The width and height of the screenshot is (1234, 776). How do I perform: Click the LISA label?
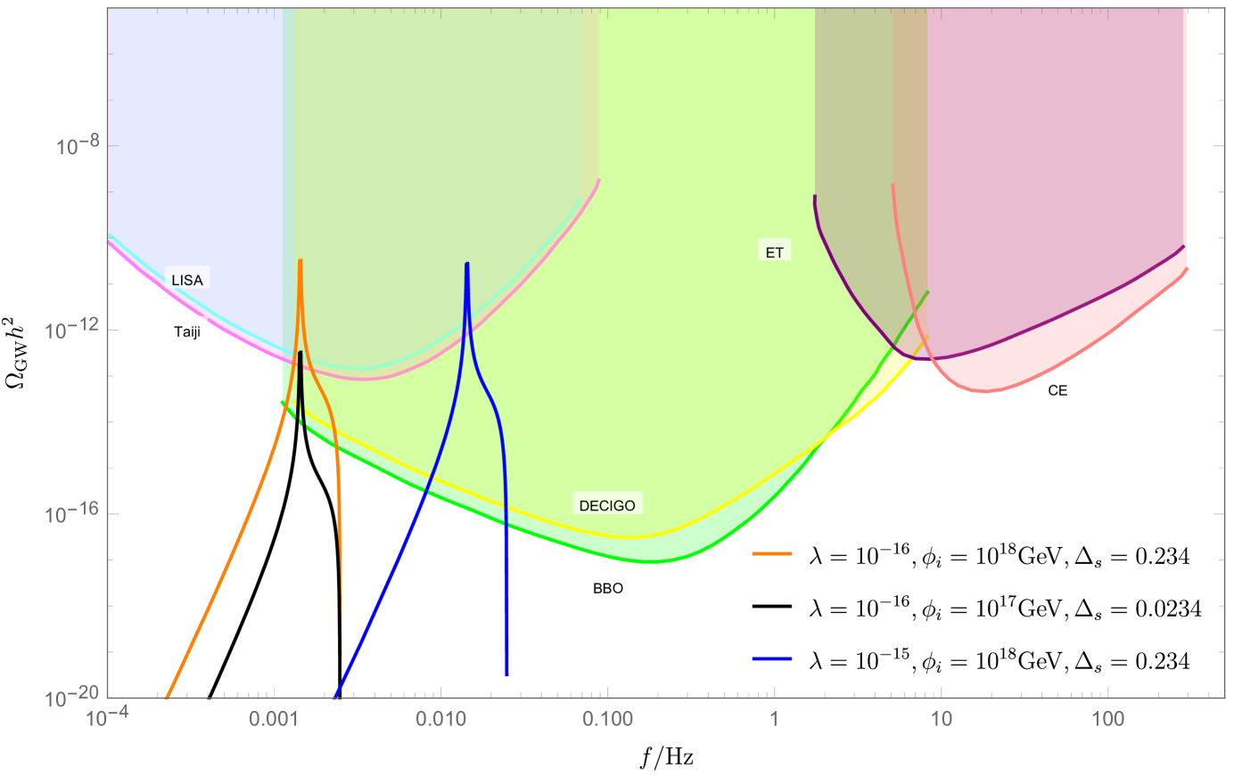tap(187, 280)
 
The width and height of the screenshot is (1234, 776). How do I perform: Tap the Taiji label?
tap(187, 331)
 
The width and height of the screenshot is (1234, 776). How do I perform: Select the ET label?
tap(774, 252)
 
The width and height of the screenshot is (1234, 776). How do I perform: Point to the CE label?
tap(1057, 389)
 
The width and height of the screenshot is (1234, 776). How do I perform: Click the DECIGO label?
tap(607, 505)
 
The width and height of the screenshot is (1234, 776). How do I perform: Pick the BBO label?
tap(608, 588)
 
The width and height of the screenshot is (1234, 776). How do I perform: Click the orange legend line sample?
tap(772, 554)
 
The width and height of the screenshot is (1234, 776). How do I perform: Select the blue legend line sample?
tap(772, 658)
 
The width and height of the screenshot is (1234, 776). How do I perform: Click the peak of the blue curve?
tap(467, 265)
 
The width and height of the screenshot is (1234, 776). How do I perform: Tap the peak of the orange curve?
tap(300, 261)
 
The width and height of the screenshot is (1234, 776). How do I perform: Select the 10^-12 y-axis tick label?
tap(72, 331)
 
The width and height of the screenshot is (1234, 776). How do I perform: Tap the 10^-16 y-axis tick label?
tap(72, 515)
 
